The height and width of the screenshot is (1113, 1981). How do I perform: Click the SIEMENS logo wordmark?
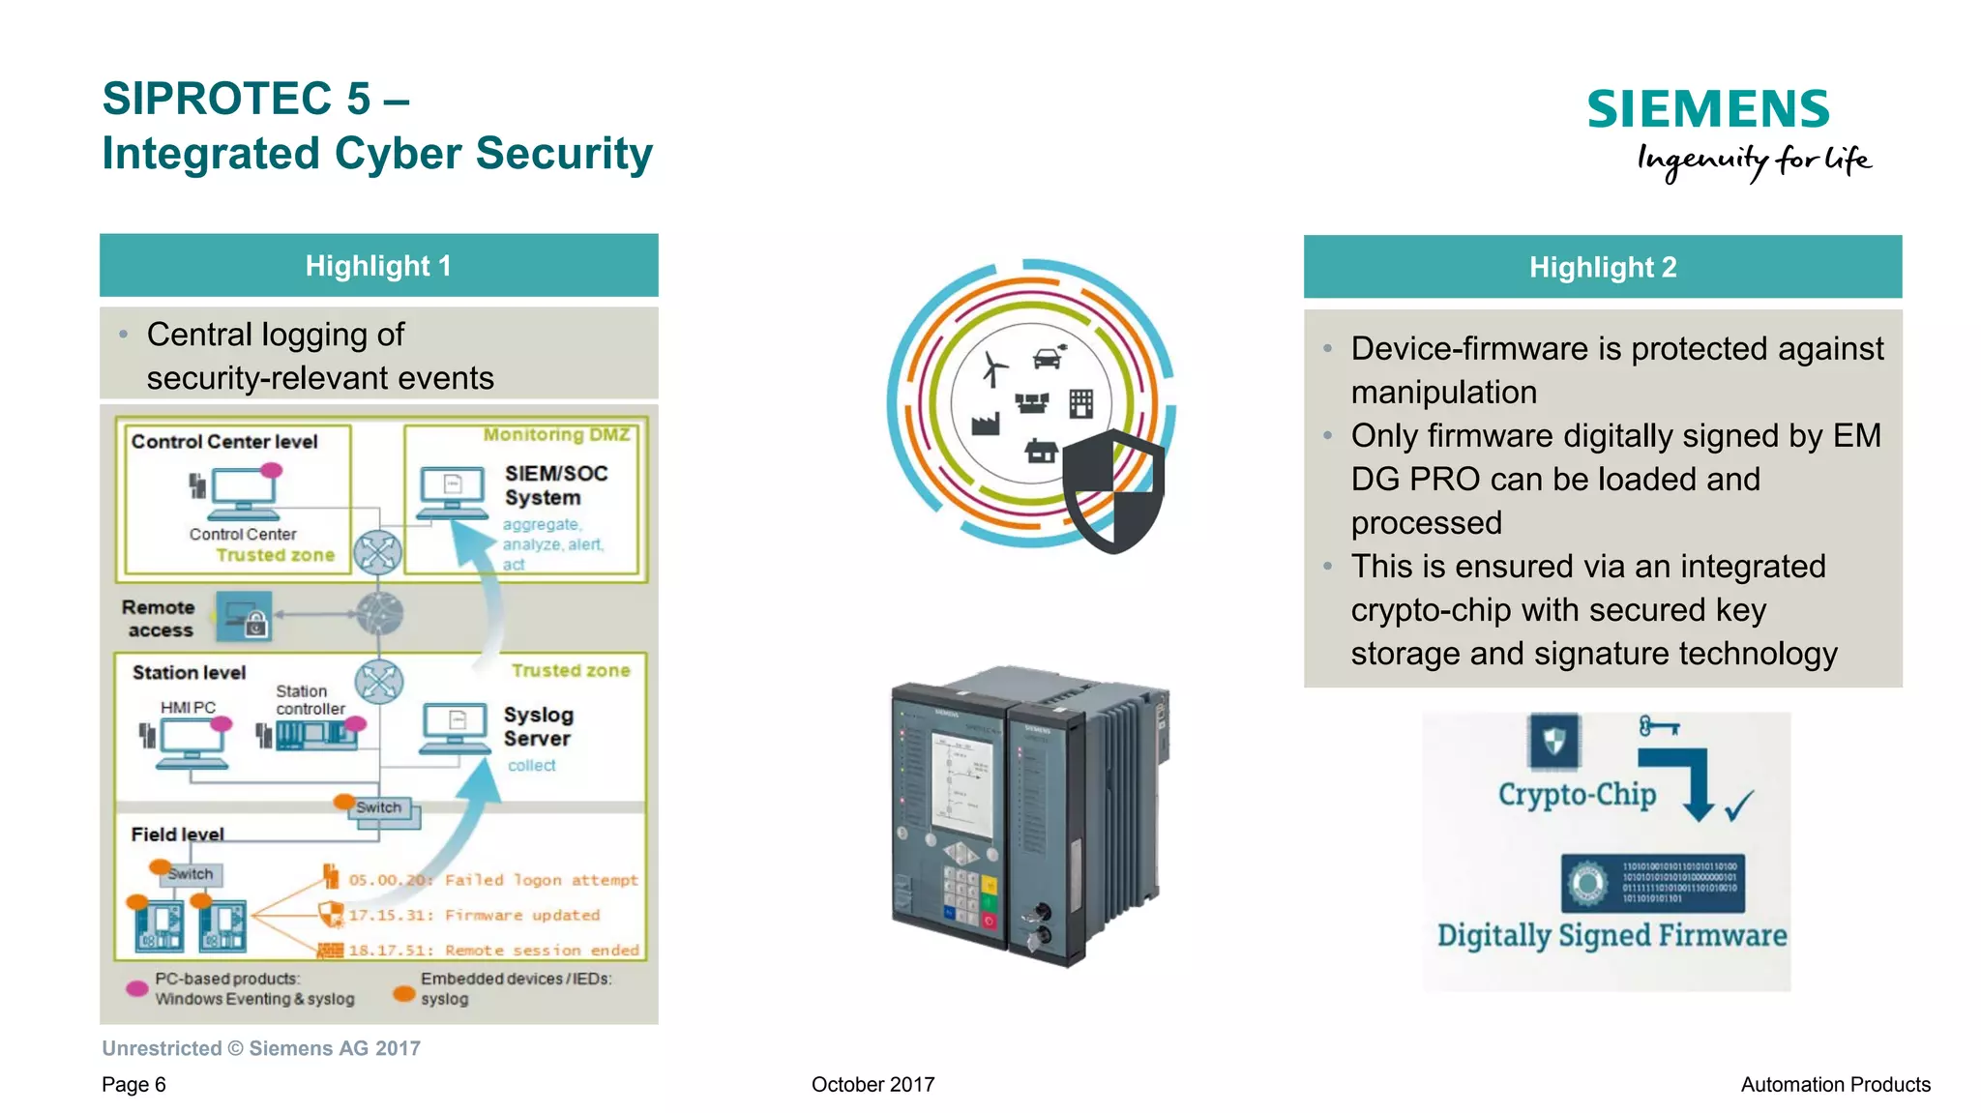click(x=1707, y=109)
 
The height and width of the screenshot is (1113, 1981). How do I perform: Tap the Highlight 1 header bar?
click(x=378, y=266)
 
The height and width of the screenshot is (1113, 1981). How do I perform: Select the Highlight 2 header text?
click(x=1602, y=268)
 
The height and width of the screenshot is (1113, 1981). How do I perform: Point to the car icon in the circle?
click(x=1049, y=357)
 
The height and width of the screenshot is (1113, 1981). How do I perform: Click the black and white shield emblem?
click(x=1113, y=491)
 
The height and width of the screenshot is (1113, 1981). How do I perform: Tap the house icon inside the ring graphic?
click(x=1041, y=450)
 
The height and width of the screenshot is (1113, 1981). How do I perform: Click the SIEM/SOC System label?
click(x=555, y=485)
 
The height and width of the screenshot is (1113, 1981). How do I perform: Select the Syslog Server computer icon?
click(x=455, y=728)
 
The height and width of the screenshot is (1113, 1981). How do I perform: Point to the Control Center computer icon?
click(x=243, y=493)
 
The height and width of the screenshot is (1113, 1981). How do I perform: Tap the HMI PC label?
click(x=188, y=708)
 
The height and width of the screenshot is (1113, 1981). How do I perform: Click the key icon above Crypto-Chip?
click(x=1659, y=726)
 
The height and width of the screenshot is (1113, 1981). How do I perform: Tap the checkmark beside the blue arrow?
click(x=1739, y=805)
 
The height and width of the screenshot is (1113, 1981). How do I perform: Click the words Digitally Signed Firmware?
click(x=1611, y=936)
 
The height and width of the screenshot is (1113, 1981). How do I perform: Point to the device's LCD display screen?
click(x=961, y=783)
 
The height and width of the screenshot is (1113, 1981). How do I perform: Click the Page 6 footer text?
click(x=133, y=1085)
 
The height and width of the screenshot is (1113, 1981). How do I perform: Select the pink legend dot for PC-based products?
click(x=137, y=988)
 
